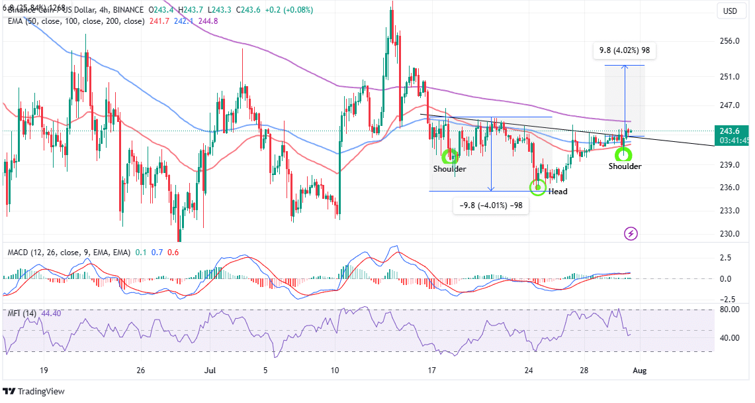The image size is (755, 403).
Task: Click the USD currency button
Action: [730, 11]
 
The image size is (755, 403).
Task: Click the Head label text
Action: [557, 192]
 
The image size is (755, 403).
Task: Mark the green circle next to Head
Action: [539, 186]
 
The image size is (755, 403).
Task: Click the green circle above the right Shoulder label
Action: [623, 154]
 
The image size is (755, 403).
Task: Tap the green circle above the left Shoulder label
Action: [450, 156]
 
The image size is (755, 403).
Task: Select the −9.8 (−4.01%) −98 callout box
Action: [490, 205]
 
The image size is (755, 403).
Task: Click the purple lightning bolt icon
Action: [631, 233]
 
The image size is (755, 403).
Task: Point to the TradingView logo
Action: [36, 391]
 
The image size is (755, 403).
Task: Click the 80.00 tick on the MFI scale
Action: [729, 309]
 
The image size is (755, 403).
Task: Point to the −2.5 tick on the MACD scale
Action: [727, 298]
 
